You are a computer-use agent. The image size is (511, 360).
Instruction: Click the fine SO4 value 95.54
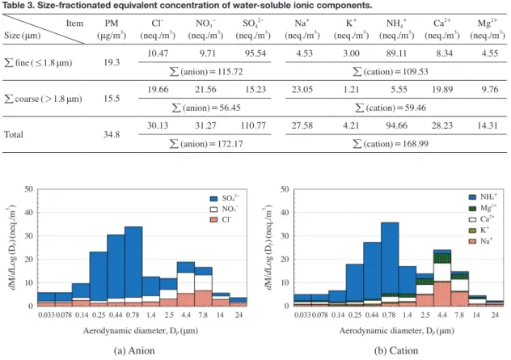click(x=255, y=53)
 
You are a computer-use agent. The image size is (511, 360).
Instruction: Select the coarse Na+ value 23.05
click(x=302, y=89)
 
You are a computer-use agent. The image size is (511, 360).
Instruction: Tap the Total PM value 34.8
click(x=112, y=134)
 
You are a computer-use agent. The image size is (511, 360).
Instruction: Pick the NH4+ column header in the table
click(x=396, y=28)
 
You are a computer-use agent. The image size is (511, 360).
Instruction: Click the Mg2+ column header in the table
click(x=488, y=28)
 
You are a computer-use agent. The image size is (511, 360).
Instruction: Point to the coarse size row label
click(x=43, y=99)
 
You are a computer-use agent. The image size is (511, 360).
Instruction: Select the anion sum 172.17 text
click(x=206, y=143)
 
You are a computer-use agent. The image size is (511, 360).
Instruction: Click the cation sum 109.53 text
click(x=391, y=71)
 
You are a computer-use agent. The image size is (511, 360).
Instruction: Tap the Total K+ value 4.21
click(x=351, y=125)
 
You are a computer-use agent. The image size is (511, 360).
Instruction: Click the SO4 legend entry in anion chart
click(x=224, y=198)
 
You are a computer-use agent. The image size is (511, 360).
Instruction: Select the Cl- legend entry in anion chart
click(x=221, y=220)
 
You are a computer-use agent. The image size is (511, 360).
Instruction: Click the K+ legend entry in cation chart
click(x=479, y=231)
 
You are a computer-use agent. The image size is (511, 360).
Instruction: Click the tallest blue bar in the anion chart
click(x=133, y=262)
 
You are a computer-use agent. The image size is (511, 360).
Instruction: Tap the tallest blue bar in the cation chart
click(x=390, y=258)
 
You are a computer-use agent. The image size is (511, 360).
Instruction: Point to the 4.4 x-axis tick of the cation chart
click(x=442, y=315)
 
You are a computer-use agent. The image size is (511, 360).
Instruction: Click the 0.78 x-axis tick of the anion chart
click(x=133, y=315)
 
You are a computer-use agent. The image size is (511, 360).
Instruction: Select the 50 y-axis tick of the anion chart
click(x=28, y=189)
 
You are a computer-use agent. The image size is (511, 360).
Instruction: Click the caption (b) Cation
click(x=396, y=350)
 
